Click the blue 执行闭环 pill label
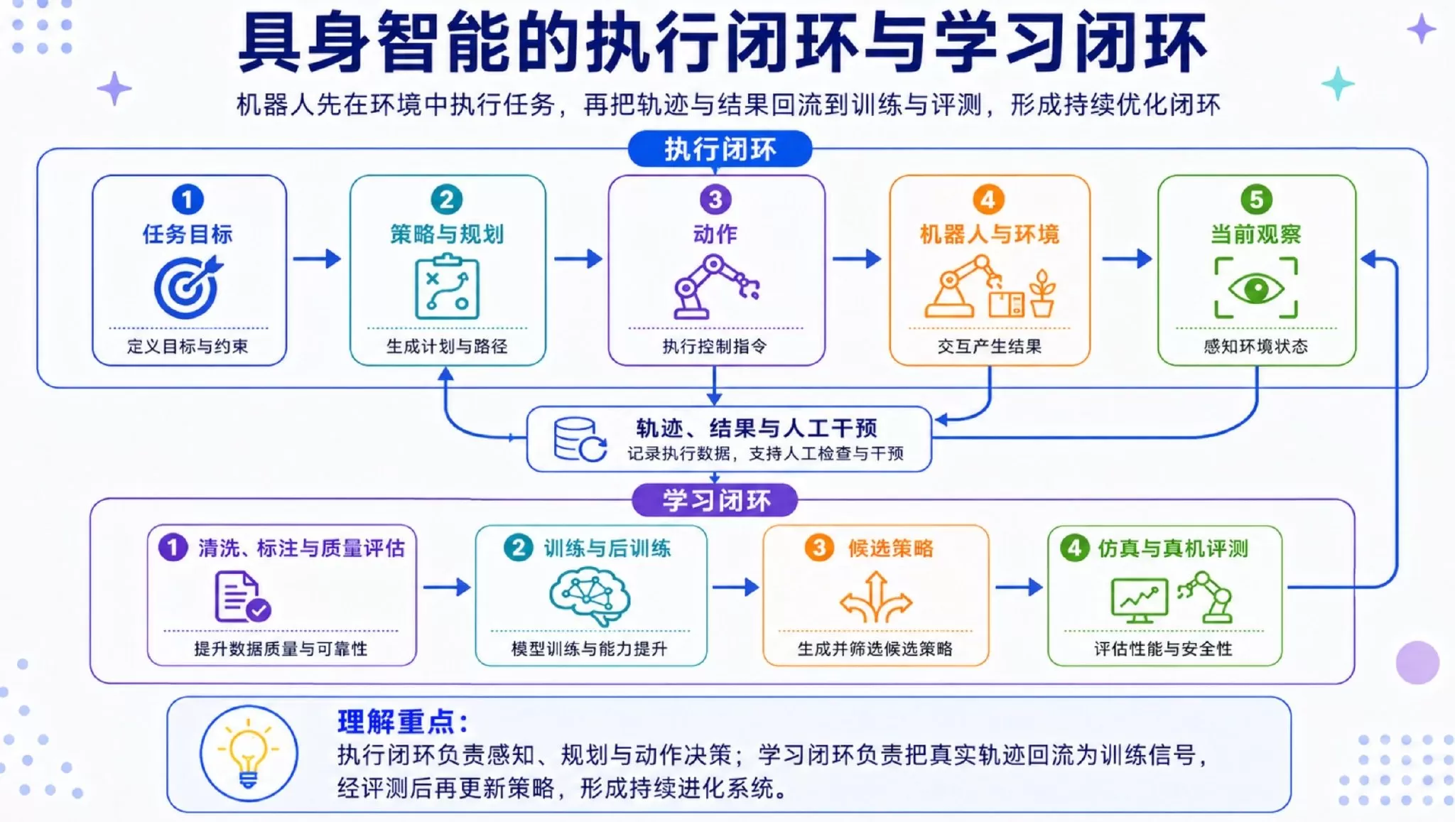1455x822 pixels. (x=720, y=149)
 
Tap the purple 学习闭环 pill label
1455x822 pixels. (x=715, y=501)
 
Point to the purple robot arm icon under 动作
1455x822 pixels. (x=716, y=287)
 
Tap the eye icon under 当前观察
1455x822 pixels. (x=1256, y=288)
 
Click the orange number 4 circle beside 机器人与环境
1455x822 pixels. (x=988, y=200)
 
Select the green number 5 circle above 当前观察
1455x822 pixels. (x=1256, y=200)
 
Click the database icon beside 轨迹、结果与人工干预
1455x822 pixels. (x=580, y=439)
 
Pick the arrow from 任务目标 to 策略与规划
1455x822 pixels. (x=317, y=259)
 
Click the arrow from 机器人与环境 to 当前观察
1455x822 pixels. (x=1127, y=259)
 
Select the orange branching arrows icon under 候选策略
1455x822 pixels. (x=875, y=597)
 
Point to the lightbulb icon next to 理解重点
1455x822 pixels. (x=248, y=754)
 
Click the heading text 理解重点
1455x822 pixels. (x=402, y=722)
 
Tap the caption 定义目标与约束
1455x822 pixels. (x=188, y=347)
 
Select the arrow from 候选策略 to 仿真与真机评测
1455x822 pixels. (x=1019, y=588)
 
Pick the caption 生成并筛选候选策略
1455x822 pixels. (x=875, y=649)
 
